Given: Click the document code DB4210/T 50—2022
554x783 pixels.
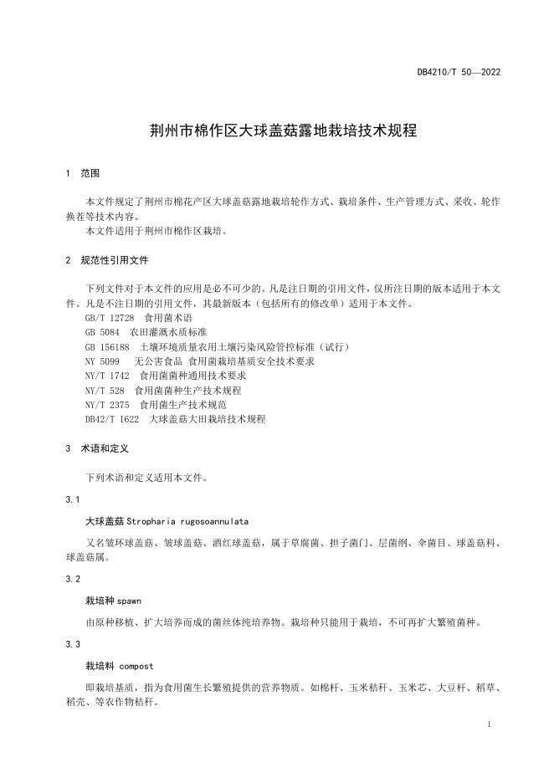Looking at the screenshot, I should [x=459, y=72].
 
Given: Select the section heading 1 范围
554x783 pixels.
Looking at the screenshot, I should [x=82, y=173].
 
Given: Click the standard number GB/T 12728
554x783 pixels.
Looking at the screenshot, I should [x=110, y=319].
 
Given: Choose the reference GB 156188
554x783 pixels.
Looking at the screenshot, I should [x=106, y=346].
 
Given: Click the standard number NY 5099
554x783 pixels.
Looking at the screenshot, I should [x=102, y=361].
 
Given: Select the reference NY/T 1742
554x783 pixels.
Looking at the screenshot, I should [x=108, y=376].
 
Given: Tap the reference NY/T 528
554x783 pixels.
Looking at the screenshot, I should [x=105, y=390].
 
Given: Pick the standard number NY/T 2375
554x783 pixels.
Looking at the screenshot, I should [x=108, y=404].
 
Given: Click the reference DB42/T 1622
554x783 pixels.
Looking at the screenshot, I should [x=112, y=418].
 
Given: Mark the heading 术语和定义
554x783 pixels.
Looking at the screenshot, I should [x=105, y=448].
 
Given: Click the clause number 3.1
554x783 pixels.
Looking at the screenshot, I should [x=72, y=499].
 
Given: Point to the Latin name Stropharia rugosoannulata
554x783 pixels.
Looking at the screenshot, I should [x=189, y=520].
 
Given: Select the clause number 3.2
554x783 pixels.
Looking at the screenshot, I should [x=72, y=579].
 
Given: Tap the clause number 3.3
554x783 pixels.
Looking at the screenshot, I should [x=72, y=644].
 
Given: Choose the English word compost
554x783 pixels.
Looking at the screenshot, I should [x=136, y=666].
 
